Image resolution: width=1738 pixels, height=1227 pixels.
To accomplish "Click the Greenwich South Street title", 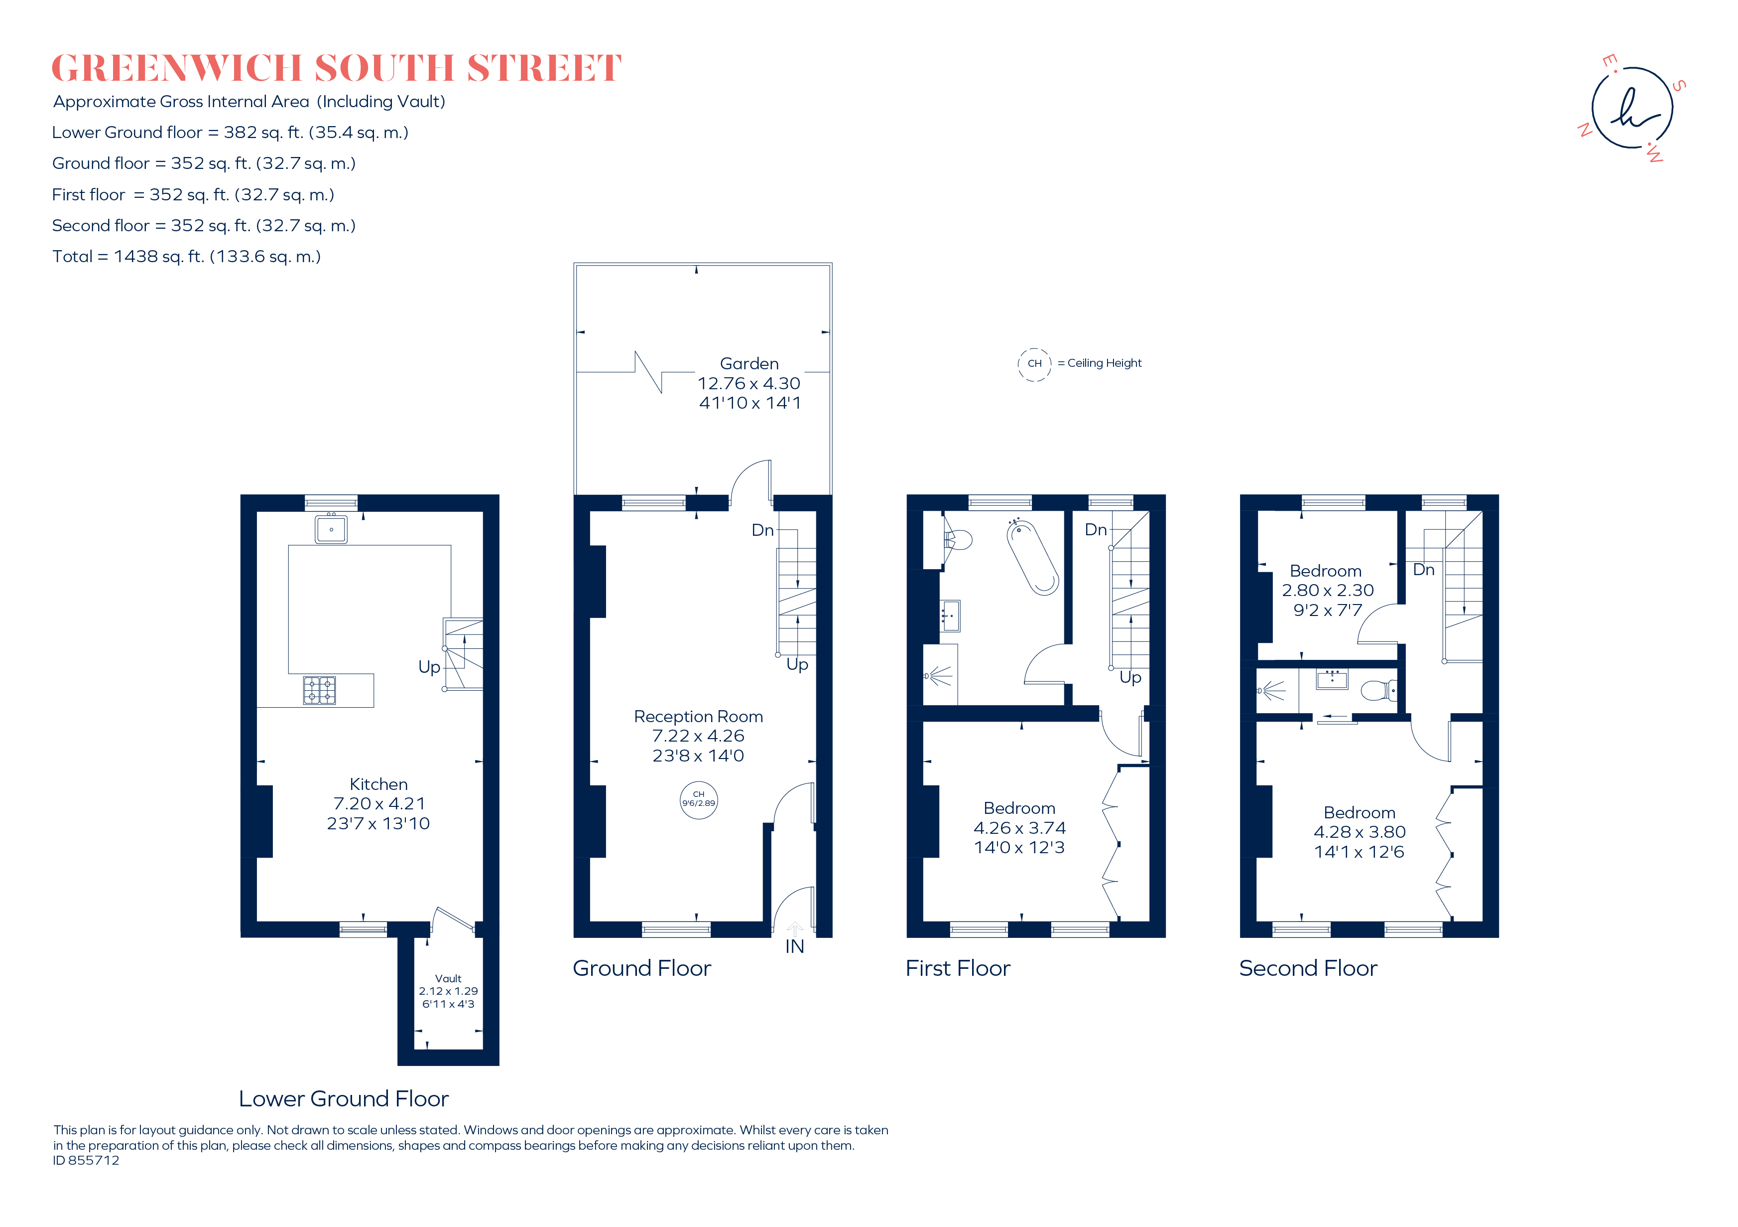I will click(x=336, y=68).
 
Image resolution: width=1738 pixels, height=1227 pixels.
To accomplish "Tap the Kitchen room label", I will click(x=378, y=784).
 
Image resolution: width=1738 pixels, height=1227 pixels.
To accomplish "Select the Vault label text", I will click(x=448, y=979).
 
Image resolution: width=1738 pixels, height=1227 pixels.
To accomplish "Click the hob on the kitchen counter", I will click(x=319, y=690).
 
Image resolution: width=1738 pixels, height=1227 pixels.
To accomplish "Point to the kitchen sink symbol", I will click(x=331, y=529).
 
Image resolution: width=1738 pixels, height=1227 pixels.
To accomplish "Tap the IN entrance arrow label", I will click(x=794, y=946).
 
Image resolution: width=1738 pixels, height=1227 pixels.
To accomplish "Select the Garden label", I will click(x=748, y=363).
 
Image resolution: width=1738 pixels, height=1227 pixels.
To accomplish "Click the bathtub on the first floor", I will click(x=1032, y=557).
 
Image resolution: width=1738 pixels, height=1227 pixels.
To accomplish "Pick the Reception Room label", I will click(x=698, y=717).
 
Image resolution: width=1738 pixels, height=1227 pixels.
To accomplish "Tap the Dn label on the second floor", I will click(x=1423, y=570).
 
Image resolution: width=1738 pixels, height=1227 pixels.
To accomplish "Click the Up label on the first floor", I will click(x=1130, y=677).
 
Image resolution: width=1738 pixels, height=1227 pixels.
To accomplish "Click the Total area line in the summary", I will click(x=186, y=257).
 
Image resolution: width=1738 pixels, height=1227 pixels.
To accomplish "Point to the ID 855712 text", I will click(x=86, y=1160).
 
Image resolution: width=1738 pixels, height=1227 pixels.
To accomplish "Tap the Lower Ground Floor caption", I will click(x=344, y=1098).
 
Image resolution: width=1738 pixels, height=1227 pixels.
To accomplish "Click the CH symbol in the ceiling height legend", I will click(x=1034, y=363).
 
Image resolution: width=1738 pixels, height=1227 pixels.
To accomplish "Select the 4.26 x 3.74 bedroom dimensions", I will click(x=1019, y=828).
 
